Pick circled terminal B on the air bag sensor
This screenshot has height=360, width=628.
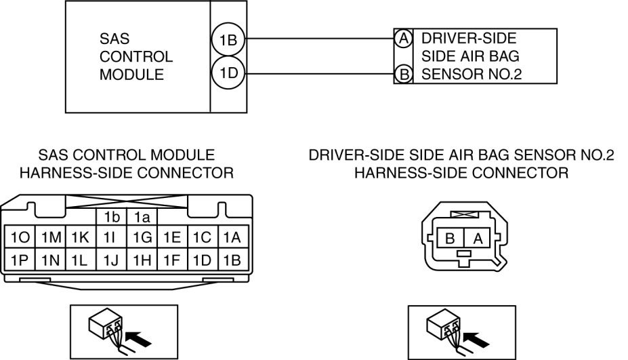click(x=404, y=74)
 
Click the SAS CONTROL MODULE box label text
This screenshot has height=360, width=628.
click(x=135, y=57)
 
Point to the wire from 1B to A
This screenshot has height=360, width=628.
click(x=318, y=39)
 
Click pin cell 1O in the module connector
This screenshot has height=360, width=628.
click(x=18, y=237)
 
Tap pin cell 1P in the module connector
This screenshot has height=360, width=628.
click(x=18, y=259)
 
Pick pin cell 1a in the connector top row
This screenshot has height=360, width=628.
click(x=142, y=217)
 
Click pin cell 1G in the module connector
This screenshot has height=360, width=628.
click(x=142, y=237)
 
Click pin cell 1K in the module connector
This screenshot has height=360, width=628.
click(x=80, y=237)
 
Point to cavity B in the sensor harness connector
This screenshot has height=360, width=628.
click(x=448, y=238)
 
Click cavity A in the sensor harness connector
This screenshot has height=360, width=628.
click(x=477, y=238)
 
